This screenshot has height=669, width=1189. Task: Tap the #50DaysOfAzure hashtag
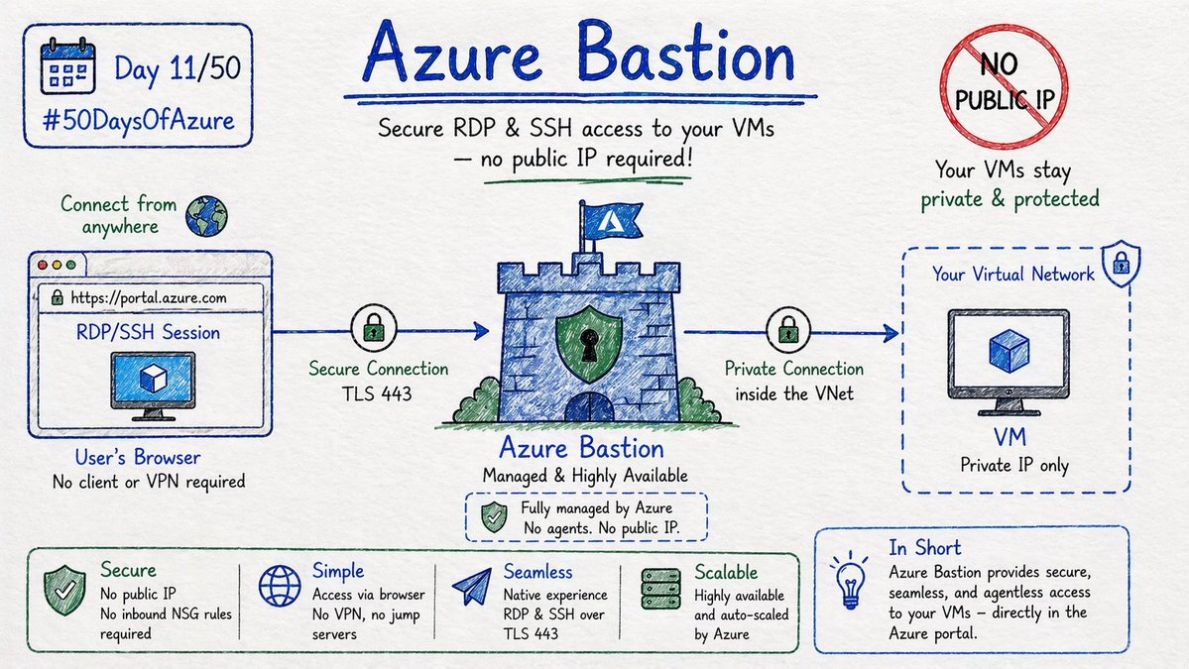(139, 120)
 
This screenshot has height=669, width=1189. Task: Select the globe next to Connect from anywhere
(206, 215)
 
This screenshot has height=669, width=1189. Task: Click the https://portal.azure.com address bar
(149, 296)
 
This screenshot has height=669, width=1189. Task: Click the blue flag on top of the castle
(610, 219)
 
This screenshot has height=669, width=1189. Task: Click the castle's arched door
(590, 407)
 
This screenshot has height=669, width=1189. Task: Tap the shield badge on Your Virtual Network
(1121, 264)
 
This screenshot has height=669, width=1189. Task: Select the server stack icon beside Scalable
(660, 588)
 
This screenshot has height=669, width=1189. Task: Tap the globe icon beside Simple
(280, 586)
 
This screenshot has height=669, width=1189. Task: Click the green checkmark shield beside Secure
(63, 590)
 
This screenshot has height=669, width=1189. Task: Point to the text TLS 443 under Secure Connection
(378, 392)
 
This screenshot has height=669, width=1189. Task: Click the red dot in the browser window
(42, 266)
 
